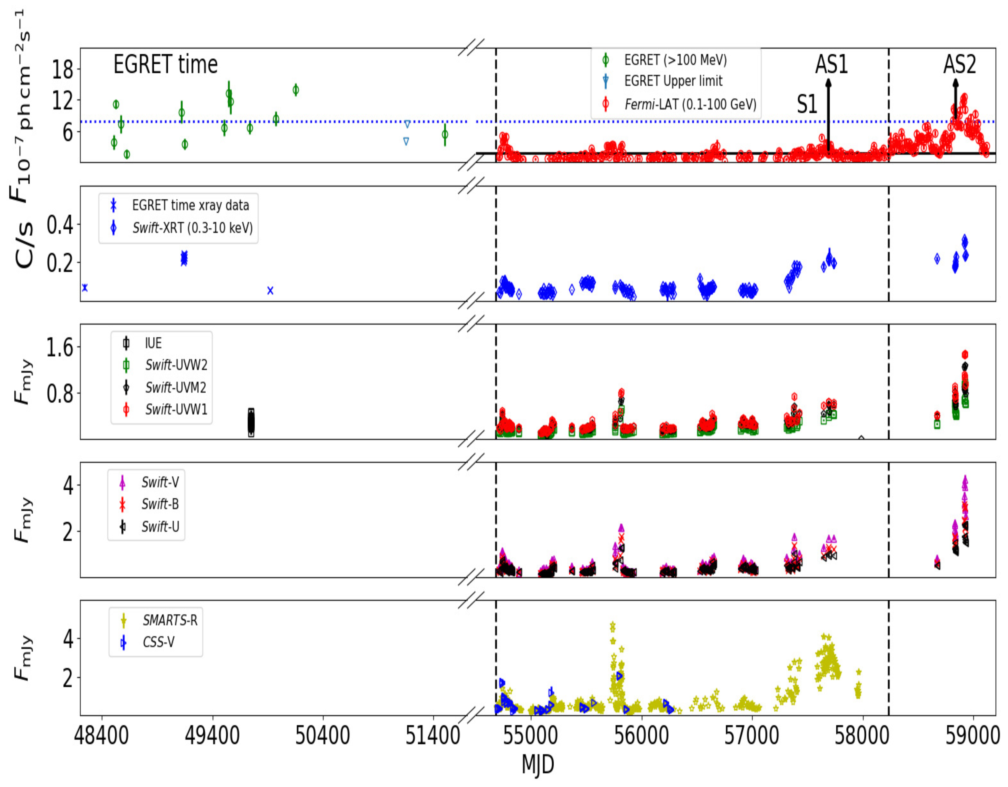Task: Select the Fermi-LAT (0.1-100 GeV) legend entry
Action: [x=690, y=104]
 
